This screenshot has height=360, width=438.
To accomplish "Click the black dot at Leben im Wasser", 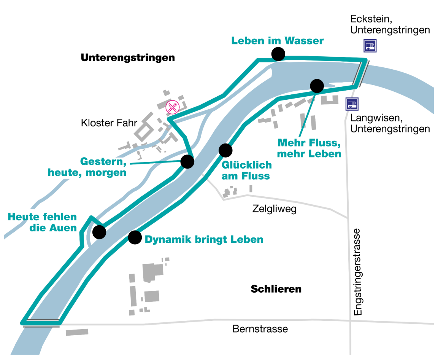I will (x=278, y=54).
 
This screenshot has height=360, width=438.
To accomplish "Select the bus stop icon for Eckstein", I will (x=370, y=46).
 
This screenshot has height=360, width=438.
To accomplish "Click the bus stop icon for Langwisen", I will (x=352, y=104).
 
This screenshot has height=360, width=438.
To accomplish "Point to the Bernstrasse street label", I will (x=260, y=329).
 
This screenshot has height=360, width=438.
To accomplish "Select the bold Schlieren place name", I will (x=276, y=289).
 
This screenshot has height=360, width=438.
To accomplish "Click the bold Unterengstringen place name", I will (x=128, y=58).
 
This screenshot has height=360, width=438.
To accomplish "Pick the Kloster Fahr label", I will (x=104, y=123).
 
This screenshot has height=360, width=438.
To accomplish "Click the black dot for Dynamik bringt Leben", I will (x=135, y=237).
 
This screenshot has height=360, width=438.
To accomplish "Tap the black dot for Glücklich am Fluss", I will (x=225, y=150).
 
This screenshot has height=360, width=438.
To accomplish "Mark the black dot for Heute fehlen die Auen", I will (x=100, y=232).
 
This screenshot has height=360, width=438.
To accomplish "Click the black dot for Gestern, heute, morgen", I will (x=187, y=162).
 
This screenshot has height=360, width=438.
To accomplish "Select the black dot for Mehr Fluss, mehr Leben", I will (x=317, y=86).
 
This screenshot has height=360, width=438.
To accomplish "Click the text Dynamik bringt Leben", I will (x=204, y=240).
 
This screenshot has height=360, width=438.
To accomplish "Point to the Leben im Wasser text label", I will (x=278, y=41).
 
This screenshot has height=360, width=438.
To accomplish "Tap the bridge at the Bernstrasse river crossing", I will (x=41, y=323).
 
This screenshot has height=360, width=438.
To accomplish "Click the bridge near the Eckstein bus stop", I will (x=360, y=73).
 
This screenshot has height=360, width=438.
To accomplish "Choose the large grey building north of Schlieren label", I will (x=153, y=271).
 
